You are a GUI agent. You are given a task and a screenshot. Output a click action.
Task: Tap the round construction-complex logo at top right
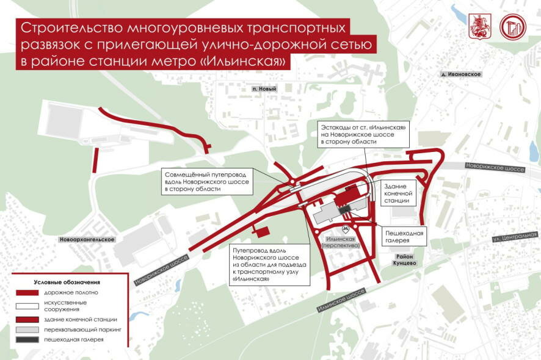click(512, 26)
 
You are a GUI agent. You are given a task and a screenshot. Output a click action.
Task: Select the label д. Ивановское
click(461, 74)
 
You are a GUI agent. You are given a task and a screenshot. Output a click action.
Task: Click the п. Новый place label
click(264, 88)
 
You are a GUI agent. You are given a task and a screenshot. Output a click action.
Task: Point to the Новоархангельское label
click(87, 240)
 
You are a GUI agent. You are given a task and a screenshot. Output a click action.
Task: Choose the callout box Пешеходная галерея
click(404, 236)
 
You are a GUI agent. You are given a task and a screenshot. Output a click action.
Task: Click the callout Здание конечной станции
click(399, 193)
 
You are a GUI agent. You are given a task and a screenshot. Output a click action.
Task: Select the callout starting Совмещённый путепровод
click(208, 182)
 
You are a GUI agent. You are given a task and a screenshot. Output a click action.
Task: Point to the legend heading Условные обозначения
click(67, 283)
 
